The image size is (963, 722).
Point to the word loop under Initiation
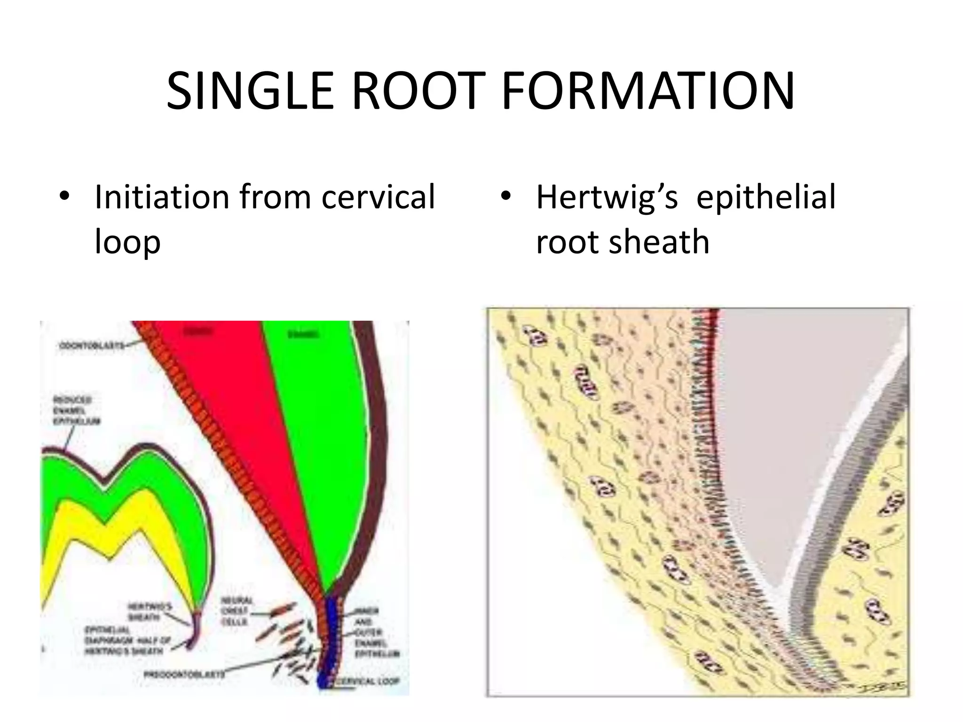tap(127, 242)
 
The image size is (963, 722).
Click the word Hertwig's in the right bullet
tap(607, 197)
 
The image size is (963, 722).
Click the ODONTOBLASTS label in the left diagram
tap(92, 346)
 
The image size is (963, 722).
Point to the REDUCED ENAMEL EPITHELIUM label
tap(76, 410)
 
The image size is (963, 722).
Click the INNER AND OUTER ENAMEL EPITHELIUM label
tap(376, 632)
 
